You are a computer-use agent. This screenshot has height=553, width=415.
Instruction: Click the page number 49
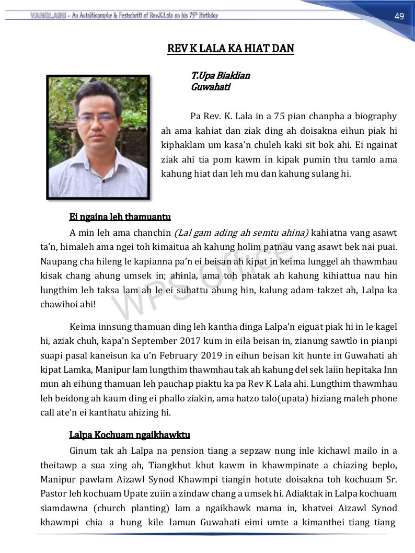pos(399,16)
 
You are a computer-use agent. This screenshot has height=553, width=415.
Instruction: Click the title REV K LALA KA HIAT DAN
pos(230,49)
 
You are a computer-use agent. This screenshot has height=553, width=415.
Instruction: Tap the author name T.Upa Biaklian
pos(221,76)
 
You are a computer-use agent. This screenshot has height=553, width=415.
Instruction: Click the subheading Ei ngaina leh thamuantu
pos(120,217)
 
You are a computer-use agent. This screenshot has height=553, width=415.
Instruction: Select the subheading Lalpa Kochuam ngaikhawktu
pos(130,435)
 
